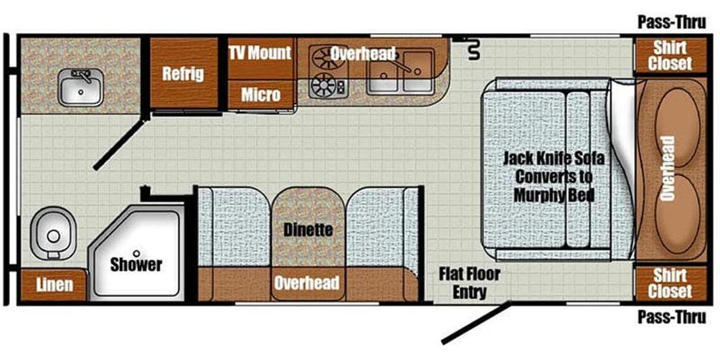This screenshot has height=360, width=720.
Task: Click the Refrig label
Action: (x=183, y=73)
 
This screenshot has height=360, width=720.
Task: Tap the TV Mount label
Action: (x=260, y=53)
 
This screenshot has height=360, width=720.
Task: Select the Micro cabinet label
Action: (x=260, y=95)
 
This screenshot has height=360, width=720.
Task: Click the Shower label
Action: (x=136, y=264)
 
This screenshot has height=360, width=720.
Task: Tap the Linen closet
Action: (x=53, y=285)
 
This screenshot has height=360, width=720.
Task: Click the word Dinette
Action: (x=308, y=229)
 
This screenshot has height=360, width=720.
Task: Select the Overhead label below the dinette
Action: (x=307, y=283)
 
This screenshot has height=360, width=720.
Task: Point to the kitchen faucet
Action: (x=407, y=65)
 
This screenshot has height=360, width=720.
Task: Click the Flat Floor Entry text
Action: (x=469, y=283)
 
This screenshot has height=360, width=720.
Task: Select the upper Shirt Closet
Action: (x=670, y=55)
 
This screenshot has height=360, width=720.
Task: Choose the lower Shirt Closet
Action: (x=670, y=283)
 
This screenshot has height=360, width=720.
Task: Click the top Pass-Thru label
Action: (x=671, y=23)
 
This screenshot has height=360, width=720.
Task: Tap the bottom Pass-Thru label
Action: (x=671, y=316)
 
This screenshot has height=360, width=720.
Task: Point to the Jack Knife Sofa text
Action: (x=554, y=159)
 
